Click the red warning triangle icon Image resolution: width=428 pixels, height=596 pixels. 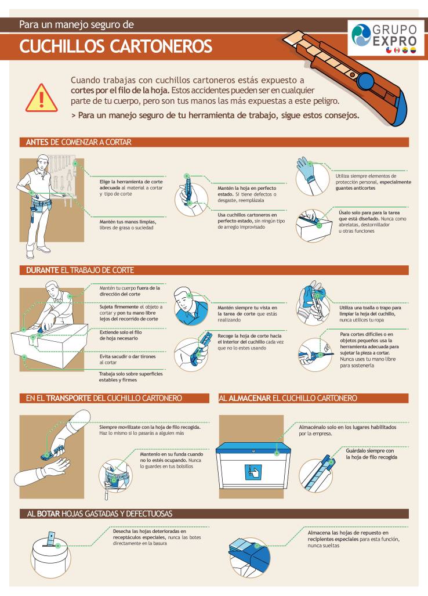(41, 99)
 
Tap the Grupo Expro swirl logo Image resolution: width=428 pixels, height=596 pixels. (361, 35)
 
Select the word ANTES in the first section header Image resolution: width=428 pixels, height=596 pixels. (37, 142)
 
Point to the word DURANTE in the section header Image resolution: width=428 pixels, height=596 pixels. (42, 270)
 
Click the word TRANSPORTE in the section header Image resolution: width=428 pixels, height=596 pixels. (69, 398)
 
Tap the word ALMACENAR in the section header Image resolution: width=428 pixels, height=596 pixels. (249, 398)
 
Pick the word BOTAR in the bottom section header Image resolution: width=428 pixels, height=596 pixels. (48, 514)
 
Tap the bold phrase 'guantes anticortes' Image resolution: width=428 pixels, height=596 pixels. (355, 188)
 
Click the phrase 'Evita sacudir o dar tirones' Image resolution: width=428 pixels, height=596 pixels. (128, 356)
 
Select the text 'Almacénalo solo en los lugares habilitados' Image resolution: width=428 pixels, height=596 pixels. (347, 427)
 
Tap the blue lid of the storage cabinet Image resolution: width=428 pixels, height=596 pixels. (253, 449)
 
